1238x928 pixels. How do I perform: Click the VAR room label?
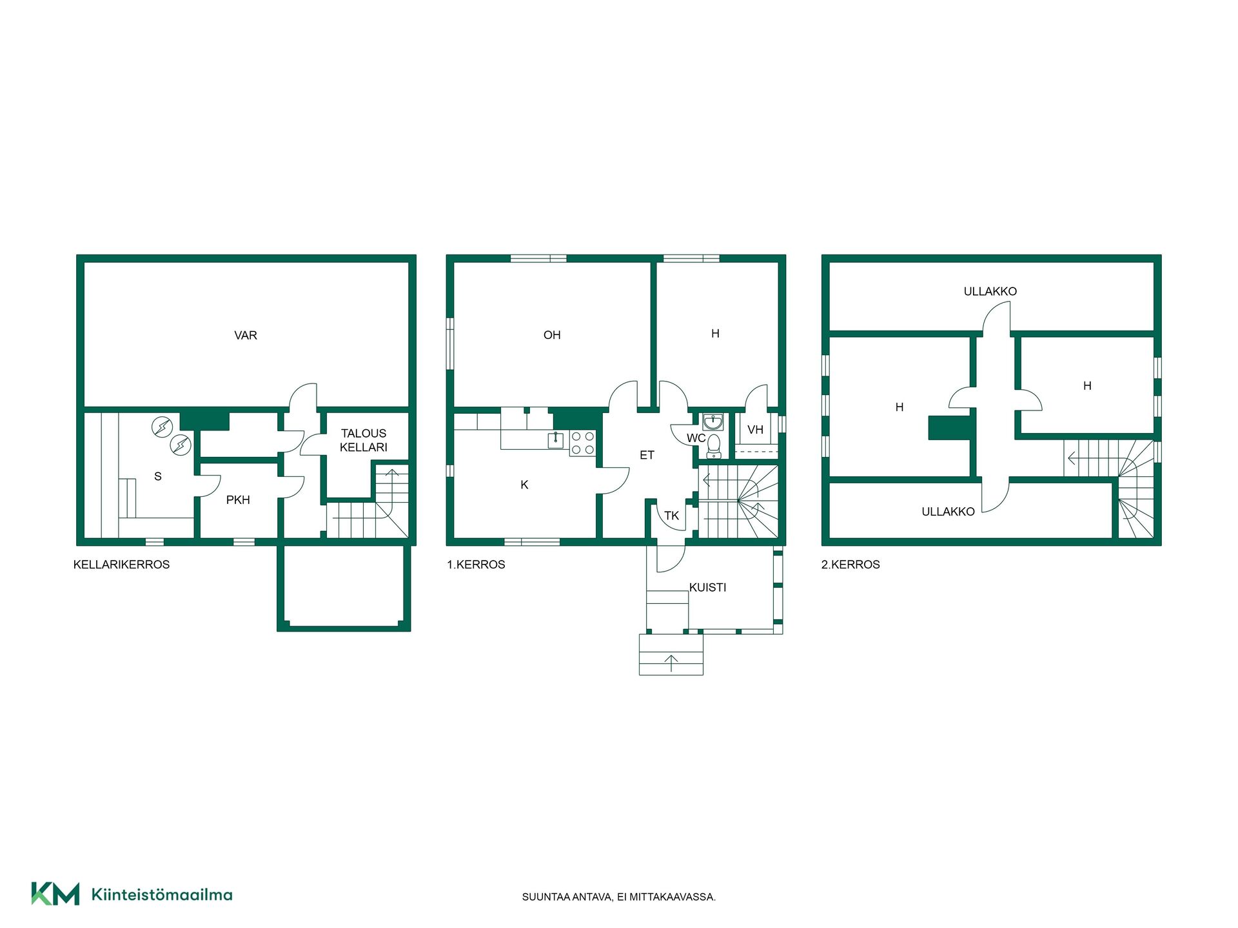[246, 335]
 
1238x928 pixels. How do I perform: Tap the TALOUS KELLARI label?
[364, 440]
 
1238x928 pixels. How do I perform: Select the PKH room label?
[238, 499]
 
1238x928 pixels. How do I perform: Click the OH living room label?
[552, 335]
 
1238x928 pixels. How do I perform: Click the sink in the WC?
[712, 422]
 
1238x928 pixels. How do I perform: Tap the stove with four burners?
[583, 443]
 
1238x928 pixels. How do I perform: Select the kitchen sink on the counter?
[556, 440]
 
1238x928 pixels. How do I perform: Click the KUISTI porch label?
[707, 587]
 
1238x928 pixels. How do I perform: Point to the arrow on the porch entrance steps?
[671, 663]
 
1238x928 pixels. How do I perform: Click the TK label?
[672, 516]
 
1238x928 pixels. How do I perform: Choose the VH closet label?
[755, 430]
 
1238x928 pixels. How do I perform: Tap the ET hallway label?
[647, 455]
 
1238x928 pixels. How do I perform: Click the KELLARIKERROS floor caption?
[121, 565]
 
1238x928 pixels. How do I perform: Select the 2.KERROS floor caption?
[850, 565]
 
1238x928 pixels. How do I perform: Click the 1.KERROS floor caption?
[476, 565]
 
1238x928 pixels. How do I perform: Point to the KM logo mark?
[55, 894]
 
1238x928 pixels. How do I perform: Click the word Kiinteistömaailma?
[162, 894]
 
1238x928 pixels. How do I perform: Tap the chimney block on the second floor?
[950, 429]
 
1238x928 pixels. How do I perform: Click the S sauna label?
[158, 476]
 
